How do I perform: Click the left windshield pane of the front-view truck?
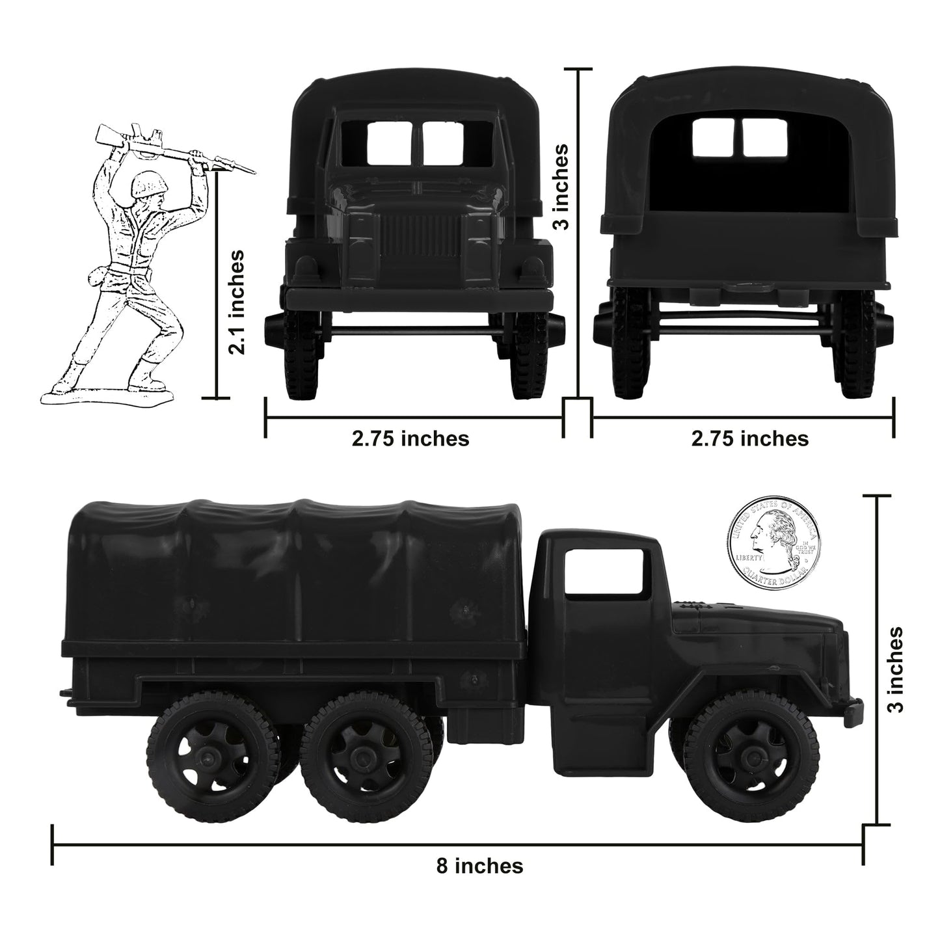tap(388, 143)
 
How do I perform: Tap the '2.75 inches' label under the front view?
tap(410, 438)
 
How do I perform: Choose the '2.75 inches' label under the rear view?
tap(749, 438)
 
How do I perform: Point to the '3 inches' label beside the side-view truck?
tap(896, 670)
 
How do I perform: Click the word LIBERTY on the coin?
tap(749, 558)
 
